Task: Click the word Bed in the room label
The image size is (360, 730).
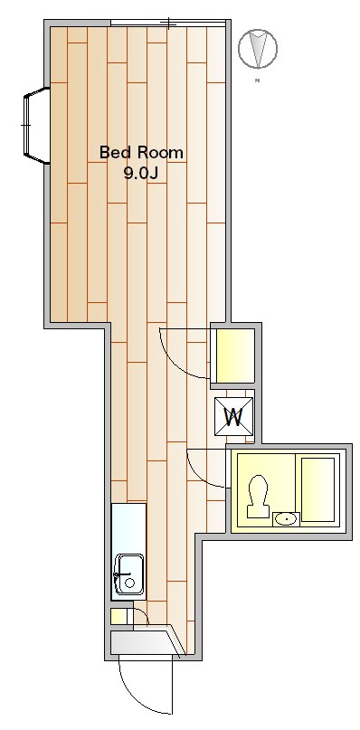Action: point(115,152)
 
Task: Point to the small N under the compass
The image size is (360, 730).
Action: point(258,82)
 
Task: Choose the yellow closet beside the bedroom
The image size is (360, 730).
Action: point(233,356)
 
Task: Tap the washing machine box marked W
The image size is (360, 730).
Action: point(234,416)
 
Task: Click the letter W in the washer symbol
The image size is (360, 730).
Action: point(234,417)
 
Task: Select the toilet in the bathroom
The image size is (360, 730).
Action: point(258,498)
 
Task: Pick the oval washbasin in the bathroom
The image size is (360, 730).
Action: point(285,518)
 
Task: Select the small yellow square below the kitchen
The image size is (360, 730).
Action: point(118,617)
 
